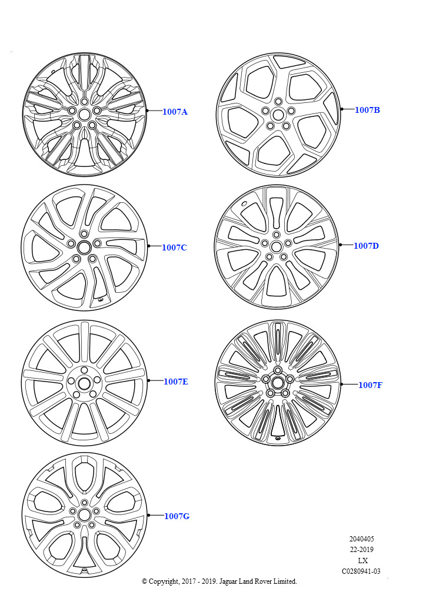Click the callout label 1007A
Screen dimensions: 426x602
click(x=175, y=112)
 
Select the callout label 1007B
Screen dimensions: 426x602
click(x=367, y=110)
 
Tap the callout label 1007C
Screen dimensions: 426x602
click(x=174, y=248)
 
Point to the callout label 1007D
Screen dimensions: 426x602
click(x=366, y=246)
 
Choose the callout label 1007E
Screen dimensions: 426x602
click(x=176, y=381)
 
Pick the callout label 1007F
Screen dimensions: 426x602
click(x=370, y=384)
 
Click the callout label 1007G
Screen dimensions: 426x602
click(x=177, y=516)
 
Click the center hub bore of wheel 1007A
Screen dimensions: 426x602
click(x=85, y=114)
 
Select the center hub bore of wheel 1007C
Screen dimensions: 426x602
click(x=84, y=248)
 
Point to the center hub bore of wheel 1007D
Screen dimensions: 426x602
click(x=276, y=246)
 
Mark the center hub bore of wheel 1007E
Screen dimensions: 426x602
click(x=84, y=383)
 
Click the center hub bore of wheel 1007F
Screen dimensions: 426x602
click(x=277, y=382)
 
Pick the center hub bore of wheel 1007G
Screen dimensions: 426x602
click(x=85, y=514)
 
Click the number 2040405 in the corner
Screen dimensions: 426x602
click(x=361, y=539)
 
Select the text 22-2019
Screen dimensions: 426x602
click(x=361, y=550)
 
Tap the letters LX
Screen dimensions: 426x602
click(x=362, y=560)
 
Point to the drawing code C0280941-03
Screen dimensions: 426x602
click(x=361, y=571)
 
